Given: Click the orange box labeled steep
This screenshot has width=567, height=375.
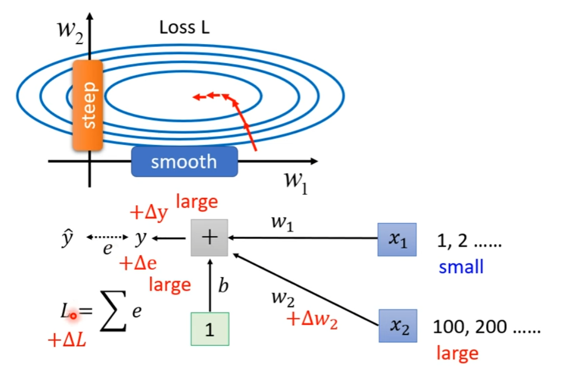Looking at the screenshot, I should click(87, 105).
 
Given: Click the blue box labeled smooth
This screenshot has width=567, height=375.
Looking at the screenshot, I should click(184, 162).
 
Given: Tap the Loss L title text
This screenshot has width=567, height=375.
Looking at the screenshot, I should click(184, 28).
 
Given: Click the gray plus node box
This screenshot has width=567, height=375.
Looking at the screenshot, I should click(209, 238).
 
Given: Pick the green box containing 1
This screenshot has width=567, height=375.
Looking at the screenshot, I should click(209, 329).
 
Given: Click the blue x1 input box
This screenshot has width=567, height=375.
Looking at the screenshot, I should click(397, 239).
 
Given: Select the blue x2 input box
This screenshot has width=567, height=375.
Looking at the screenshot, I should click(397, 326).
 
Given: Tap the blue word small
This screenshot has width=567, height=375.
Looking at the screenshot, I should click(461, 267).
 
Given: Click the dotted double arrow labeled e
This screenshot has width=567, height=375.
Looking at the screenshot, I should click(107, 238).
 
